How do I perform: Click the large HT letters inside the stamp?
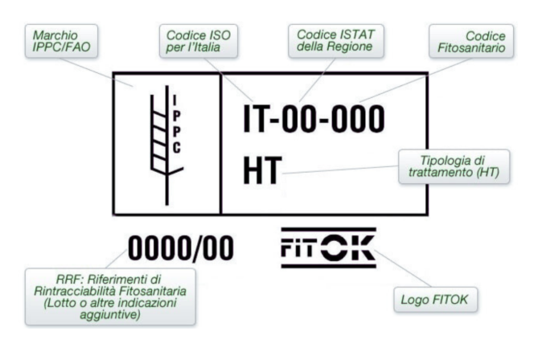tap(262, 171)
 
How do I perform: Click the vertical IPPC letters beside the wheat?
tap(177, 121)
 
